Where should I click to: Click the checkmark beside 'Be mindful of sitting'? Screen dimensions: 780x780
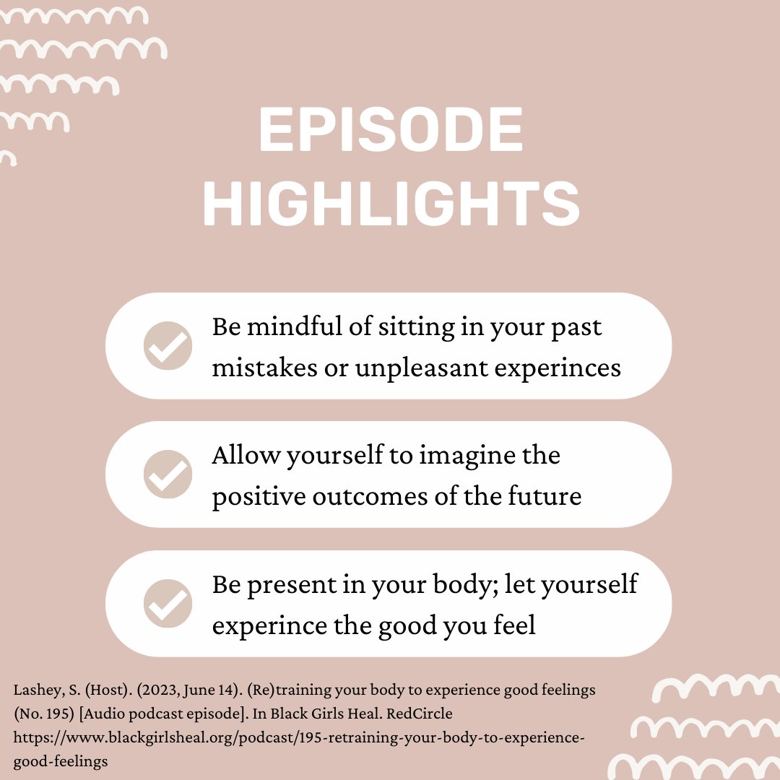[x=168, y=346]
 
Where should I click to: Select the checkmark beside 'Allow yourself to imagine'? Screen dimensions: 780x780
[x=168, y=474]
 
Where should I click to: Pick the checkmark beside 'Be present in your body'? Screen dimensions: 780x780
[x=168, y=603]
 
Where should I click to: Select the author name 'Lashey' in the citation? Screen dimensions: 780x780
[x=34, y=690]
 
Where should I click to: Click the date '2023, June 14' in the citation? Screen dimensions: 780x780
[x=165, y=690]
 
